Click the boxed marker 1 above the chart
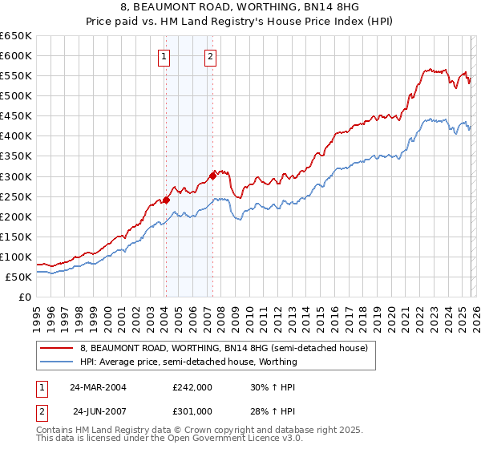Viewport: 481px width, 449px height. click(164, 56)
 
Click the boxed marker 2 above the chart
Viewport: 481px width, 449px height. click(210, 56)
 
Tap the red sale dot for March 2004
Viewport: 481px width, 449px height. click(166, 200)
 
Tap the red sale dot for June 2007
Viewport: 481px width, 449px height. click(212, 176)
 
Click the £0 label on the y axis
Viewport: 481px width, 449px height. click(24, 297)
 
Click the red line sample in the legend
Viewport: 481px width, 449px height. click(57, 349)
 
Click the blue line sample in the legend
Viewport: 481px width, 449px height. click(57, 362)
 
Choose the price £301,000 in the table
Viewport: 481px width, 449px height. click(192, 411)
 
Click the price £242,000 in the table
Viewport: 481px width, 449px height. click(192, 387)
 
